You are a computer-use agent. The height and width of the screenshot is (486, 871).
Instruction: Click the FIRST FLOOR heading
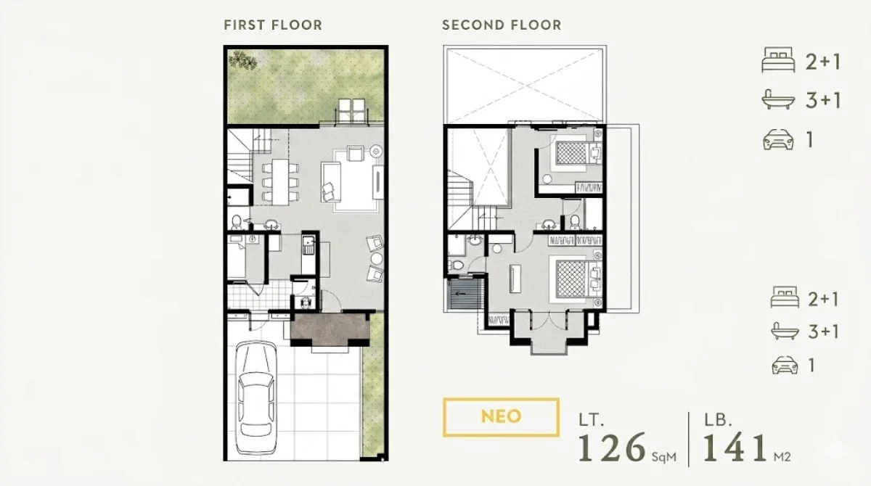click(x=273, y=25)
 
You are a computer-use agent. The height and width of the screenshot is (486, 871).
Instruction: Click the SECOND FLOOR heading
click(x=502, y=25)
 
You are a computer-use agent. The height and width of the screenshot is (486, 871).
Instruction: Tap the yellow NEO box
click(x=501, y=417)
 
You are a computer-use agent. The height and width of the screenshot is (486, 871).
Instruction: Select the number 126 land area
click(x=612, y=448)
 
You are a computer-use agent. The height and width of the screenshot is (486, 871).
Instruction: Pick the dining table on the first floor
click(x=280, y=182)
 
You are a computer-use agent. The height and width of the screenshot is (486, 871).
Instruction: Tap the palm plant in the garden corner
click(x=242, y=60)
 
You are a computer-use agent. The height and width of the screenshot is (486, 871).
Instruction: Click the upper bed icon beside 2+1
click(x=778, y=59)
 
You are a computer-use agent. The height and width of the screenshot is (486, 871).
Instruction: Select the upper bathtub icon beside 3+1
click(x=778, y=99)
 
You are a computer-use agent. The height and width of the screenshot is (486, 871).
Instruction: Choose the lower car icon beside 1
click(x=785, y=365)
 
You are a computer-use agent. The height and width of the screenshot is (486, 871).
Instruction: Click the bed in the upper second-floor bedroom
click(x=576, y=153)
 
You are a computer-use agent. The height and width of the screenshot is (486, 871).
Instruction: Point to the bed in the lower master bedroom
click(x=576, y=279)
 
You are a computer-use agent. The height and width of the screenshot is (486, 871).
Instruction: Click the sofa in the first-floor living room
click(x=331, y=182)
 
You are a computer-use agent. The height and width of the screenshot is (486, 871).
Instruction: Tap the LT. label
click(x=591, y=420)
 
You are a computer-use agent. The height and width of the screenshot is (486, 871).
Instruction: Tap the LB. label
click(x=718, y=420)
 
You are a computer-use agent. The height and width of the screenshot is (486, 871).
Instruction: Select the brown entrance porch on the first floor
click(x=330, y=329)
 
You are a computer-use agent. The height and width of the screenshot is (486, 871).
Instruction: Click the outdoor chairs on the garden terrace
click(x=352, y=111)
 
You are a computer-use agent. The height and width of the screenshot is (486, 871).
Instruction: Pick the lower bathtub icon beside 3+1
click(x=785, y=331)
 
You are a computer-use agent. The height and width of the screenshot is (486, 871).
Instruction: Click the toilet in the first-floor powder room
click(x=236, y=222)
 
